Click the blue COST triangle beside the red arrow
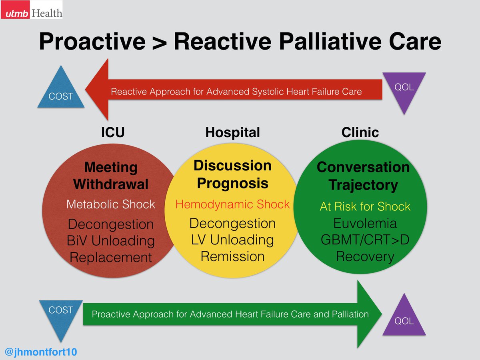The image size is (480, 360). pos(61,90)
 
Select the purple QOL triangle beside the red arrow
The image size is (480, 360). pos(404,90)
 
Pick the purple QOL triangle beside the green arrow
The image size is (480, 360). pos(404,316)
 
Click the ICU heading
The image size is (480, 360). pos(113,132)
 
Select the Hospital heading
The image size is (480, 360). pos(232,132)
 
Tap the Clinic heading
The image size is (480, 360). pos(360,132)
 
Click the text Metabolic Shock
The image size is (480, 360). pos(111,204)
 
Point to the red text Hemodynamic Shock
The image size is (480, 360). pos(232,204)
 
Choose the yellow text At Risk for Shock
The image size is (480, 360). pos(365,206)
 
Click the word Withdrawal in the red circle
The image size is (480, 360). pos(111,184)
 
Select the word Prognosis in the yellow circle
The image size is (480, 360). pos(232,183)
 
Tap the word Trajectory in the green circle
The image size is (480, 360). pos(363,185)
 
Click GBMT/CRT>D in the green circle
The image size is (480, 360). pos(365,240)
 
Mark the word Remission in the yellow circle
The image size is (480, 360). pos(232,256)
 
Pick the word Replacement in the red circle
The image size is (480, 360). pos(111,257)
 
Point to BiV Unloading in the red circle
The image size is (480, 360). pos(111,240)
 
